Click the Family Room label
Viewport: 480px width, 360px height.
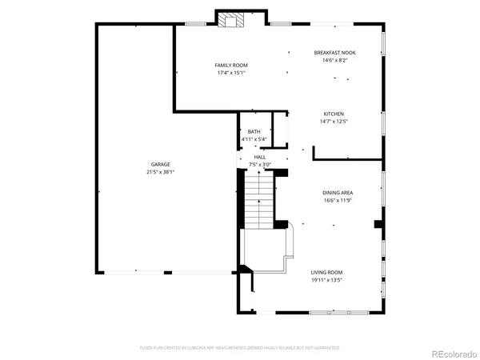(x=231, y=65)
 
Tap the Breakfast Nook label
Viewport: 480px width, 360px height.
(x=334, y=53)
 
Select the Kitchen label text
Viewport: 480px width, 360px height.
(x=334, y=114)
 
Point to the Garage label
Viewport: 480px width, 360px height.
(x=160, y=164)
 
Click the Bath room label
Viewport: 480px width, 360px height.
(x=254, y=132)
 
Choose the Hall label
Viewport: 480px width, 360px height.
(x=260, y=157)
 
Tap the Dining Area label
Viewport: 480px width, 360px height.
(x=338, y=193)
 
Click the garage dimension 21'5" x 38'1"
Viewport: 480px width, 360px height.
(x=160, y=172)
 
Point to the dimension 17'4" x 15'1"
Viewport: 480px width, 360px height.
(x=231, y=73)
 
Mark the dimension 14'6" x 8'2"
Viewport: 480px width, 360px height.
(x=334, y=61)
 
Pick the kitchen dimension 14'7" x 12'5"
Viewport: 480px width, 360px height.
(x=334, y=122)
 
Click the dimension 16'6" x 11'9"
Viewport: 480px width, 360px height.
(x=338, y=201)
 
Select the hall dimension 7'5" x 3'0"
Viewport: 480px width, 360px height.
(x=260, y=165)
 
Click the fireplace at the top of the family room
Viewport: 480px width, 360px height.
(x=232, y=21)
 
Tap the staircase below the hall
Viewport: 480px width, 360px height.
(x=259, y=200)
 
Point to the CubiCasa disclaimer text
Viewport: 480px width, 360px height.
(x=239, y=348)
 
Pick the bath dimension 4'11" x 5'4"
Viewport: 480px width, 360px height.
(x=254, y=140)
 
